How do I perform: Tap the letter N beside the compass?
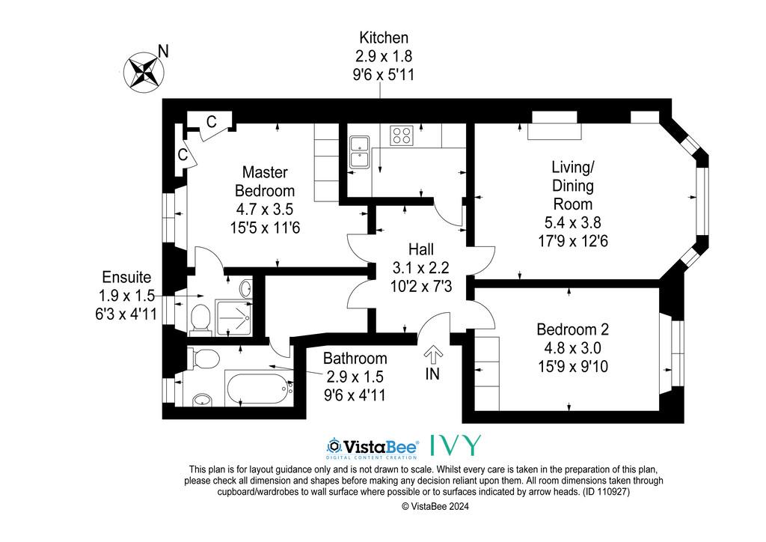pos(163,51)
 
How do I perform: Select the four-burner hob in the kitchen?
pos(402,135)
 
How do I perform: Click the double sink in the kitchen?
pos(360,152)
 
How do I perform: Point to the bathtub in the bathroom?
pos(257,387)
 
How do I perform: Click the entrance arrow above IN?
pos(433,354)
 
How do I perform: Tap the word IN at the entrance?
pos(432,374)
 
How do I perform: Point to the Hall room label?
pos(421,249)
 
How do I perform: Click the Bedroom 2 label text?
pos(572,329)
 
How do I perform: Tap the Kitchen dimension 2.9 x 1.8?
pos(384,56)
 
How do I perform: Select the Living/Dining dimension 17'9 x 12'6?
pos(572,241)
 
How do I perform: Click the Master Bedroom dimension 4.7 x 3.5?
pos(265,209)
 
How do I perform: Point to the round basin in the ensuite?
pos(246,288)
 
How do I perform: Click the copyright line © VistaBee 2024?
pos(435,507)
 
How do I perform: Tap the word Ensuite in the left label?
pos(126,277)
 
